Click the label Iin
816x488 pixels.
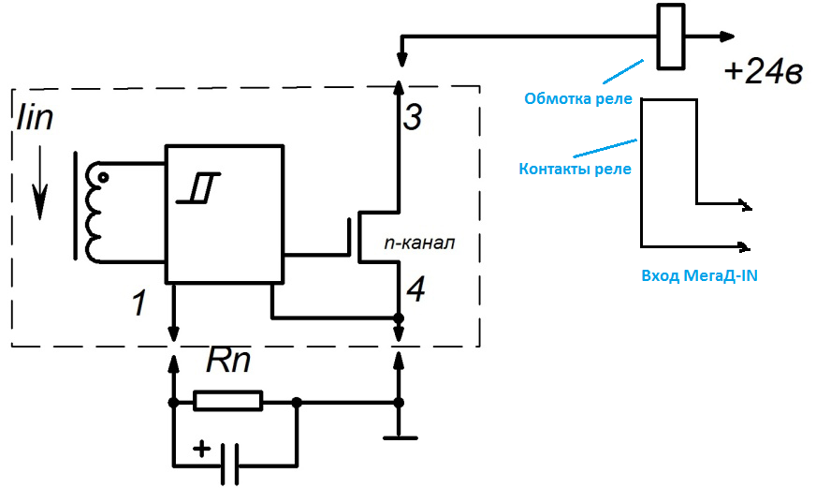coord(36,118)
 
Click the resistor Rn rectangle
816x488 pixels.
coord(228,402)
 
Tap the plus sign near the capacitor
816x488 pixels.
coord(200,448)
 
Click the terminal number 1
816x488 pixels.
coord(138,303)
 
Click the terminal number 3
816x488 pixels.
coord(413,117)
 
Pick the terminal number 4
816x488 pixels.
coord(415,290)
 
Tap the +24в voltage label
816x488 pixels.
coord(763,72)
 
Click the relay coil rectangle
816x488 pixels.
coord(671,37)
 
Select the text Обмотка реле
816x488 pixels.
coord(578,98)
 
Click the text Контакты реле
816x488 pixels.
coord(575,170)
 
